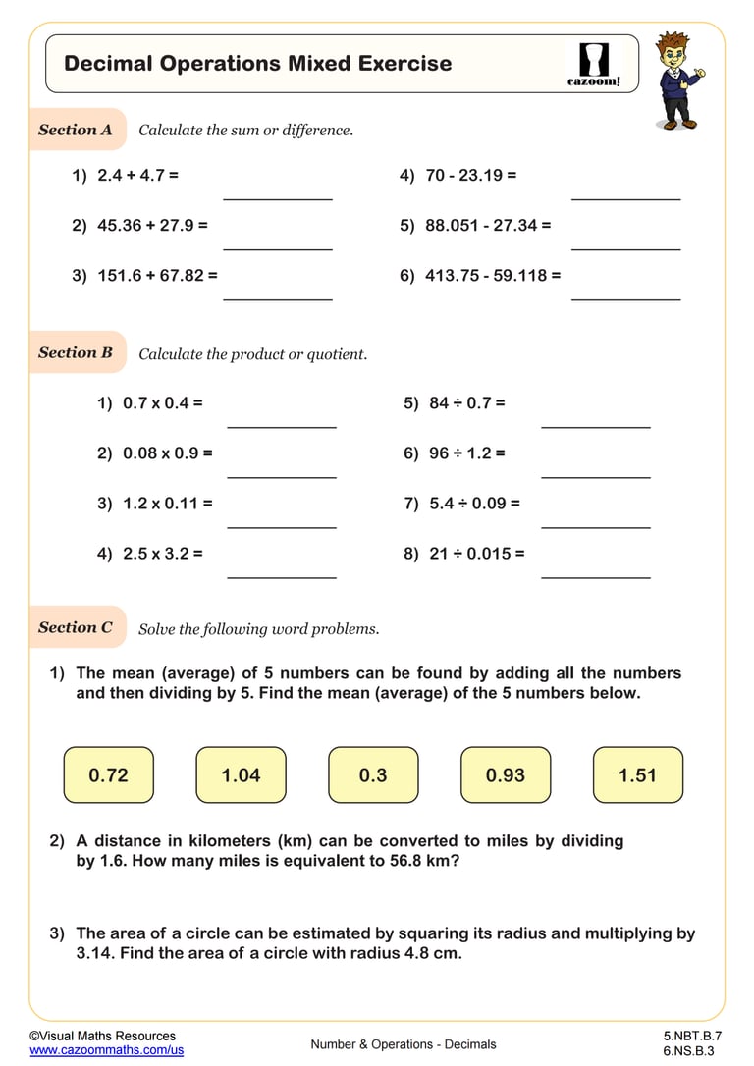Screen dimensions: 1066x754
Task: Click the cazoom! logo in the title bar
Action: point(594,65)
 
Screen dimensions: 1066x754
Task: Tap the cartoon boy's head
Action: point(675,52)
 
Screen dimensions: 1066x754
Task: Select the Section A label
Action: point(76,130)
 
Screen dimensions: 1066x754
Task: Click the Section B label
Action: point(76,352)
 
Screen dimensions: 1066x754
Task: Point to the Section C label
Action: point(76,627)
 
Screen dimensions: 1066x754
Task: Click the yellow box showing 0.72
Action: point(108,774)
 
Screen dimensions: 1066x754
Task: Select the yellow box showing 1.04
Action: point(241,774)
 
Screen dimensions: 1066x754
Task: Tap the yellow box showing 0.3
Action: point(373,774)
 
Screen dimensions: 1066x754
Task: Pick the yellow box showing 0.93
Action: point(506,774)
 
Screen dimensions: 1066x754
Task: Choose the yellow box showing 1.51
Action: point(637,774)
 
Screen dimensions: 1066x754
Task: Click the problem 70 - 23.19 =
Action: point(470,176)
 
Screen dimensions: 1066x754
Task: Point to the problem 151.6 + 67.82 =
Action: point(157,276)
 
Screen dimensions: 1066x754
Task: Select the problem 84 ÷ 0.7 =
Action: point(466,402)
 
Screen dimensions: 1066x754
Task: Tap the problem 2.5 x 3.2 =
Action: point(162,553)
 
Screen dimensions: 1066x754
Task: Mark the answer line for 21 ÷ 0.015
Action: point(596,577)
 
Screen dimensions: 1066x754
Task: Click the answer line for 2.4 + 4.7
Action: point(278,199)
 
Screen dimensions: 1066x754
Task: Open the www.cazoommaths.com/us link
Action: point(106,1049)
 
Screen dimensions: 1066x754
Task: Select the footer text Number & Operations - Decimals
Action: point(404,1044)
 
